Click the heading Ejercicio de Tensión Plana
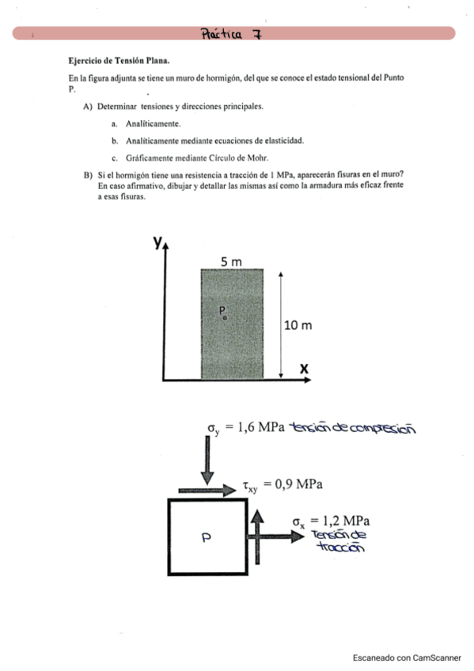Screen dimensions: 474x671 pyautogui.click(x=119, y=60)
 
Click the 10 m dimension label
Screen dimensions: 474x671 pyautogui.click(x=298, y=324)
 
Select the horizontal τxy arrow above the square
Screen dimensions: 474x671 pyautogui.click(x=207, y=491)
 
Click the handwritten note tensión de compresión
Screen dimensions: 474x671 pyautogui.click(x=353, y=428)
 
